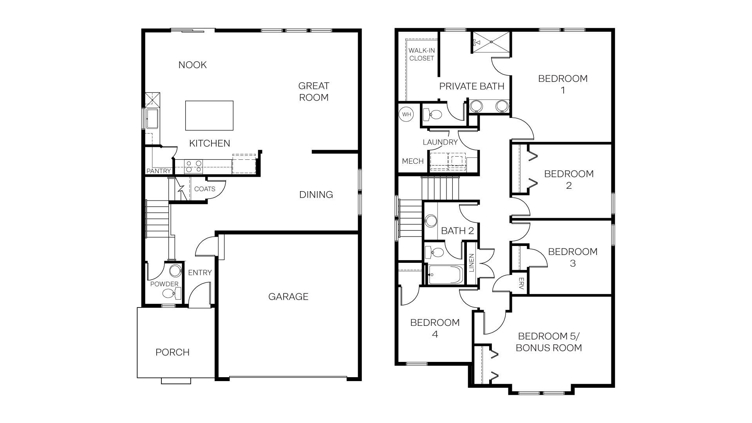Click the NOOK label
pos(192,65)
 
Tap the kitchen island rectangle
pos(209,116)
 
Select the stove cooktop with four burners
pos(193,166)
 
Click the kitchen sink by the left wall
pos(152,118)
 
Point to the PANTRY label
pos(159,171)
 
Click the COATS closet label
pos(204,189)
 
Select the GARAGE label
pos(288,296)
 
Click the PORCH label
pos(172,352)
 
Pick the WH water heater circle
pos(407,114)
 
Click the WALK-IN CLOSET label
pos(421,54)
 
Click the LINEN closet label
pos(471,263)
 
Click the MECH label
pos(412,161)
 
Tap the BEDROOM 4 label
pos(435,328)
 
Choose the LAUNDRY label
pos(440,142)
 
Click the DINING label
pos(316,195)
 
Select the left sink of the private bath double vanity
pos(476,106)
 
